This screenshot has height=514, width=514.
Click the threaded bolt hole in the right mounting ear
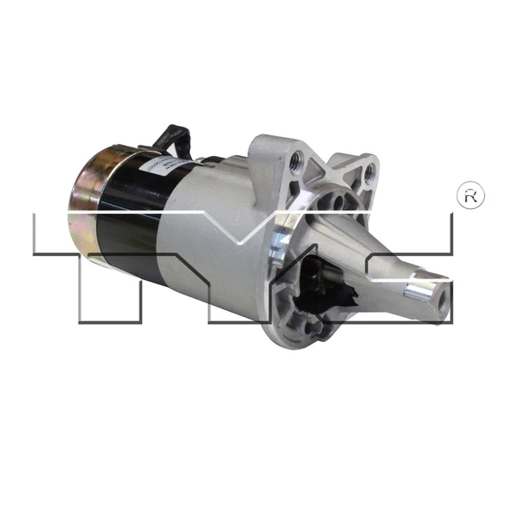click(x=369, y=170)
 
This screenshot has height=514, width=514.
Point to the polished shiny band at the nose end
click(x=421, y=290)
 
